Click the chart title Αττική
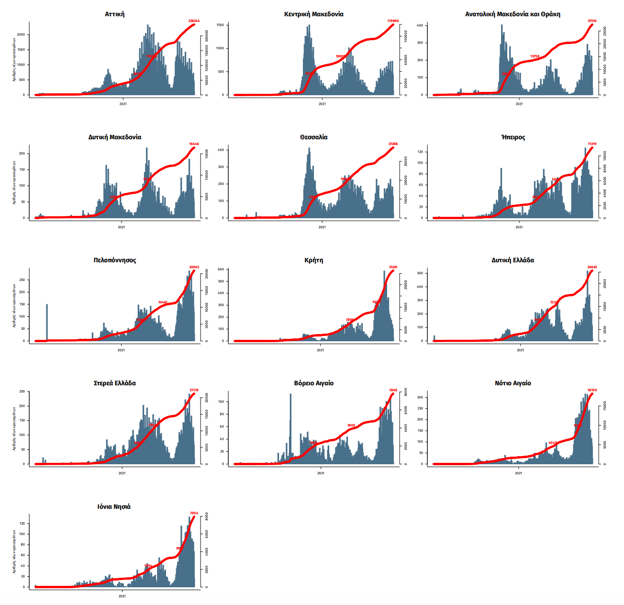click(115, 14)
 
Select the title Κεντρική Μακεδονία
click(313, 14)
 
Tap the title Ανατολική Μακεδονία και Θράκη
click(513, 14)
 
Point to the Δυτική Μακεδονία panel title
click(115, 137)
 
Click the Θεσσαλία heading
click(313, 137)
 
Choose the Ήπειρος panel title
click(513, 137)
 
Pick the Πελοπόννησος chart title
click(115, 260)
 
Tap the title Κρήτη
click(313, 260)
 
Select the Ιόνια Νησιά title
click(114, 506)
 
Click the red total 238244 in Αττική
click(194, 21)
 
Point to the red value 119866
click(393, 21)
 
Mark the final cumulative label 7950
click(194, 513)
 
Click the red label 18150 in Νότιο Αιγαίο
click(592, 390)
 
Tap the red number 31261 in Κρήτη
click(393, 267)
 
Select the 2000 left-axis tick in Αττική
click(21, 35)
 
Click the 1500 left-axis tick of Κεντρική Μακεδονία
click(220, 25)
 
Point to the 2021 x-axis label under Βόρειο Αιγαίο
click(320, 473)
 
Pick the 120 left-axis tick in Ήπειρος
click(420, 152)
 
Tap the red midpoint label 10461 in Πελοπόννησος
click(163, 302)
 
